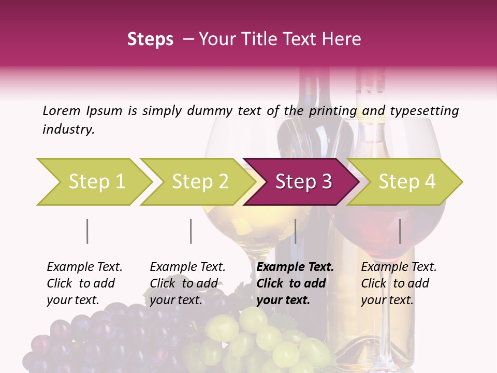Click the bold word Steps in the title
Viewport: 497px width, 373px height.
(150, 39)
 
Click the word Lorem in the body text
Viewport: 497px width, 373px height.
(61, 110)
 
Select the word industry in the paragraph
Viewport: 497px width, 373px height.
(68, 129)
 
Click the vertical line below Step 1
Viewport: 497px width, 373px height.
(87, 231)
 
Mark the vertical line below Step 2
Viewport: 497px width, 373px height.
(191, 231)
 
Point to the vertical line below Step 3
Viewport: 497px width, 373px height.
(295, 231)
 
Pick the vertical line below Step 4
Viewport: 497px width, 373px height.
(400, 231)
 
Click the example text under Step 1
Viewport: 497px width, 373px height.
(84, 283)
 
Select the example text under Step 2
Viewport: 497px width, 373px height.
(187, 283)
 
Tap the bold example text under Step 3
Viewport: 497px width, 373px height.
(295, 283)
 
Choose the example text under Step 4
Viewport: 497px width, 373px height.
(399, 283)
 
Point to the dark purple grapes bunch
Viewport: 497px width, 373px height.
(104, 337)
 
